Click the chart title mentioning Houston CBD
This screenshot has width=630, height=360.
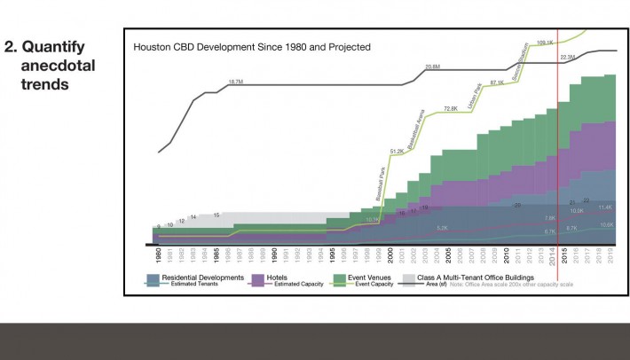tap(251, 46)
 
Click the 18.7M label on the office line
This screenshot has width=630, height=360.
tap(235, 82)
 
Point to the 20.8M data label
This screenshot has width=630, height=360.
tap(432, 67)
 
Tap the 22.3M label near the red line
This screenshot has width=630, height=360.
tap(569, 58)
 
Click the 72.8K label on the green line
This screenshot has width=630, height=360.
tap(451, 108)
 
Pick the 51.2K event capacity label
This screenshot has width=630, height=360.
tap(397, 152)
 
